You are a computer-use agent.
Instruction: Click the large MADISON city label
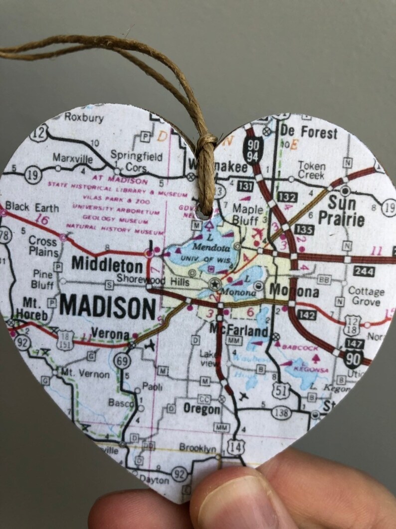point(107,307)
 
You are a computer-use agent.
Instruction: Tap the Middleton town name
point(107,263)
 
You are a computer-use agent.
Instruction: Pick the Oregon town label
point(201,409)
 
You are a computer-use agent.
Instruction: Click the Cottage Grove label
point(366,296)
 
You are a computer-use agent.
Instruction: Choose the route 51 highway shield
point(282,390)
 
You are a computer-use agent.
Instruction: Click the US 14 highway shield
point(235,446)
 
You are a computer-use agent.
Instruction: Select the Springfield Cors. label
point(136,161)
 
